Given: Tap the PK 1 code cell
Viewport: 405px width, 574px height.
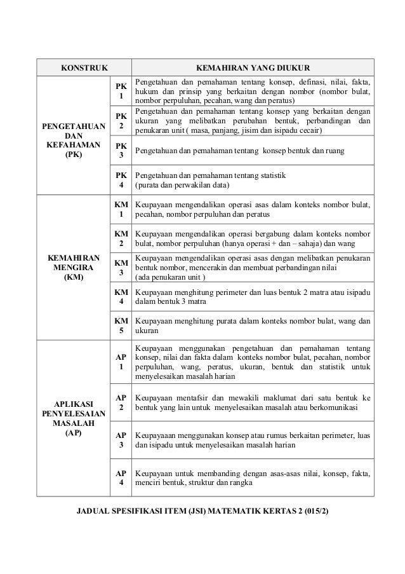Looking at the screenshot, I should pyautogui.click(x=121, y=91).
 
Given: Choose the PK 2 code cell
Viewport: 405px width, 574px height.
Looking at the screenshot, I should pyautogui.click(x=121, y=121).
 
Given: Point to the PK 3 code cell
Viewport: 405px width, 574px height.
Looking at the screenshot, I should pyautogui.click(x=121, y=151).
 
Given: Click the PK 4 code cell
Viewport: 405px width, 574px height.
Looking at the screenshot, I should pyautogui.click(x=121, y=180).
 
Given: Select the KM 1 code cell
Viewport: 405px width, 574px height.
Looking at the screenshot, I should pyautogui.click(x=121, y=210).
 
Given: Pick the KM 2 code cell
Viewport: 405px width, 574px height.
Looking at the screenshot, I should pyautogui.click(x=121, y=238).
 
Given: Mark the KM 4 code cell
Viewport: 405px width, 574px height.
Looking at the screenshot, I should pyautogui.click(x=121, y=296).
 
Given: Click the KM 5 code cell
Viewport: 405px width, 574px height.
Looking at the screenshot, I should pyautogui.click(x=121, y=325).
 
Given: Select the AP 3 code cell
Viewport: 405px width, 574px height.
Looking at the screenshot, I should pyautogui.click(x=121, y=440).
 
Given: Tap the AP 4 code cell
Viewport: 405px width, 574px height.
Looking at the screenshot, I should pyautogui.click(x=121, y=477).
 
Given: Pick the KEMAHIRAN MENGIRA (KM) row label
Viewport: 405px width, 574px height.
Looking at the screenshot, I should pyautogui.click(x=74, y=267).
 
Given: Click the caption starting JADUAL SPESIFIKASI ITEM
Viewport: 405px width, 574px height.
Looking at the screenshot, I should pyautogui.click(x=202, y=511).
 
